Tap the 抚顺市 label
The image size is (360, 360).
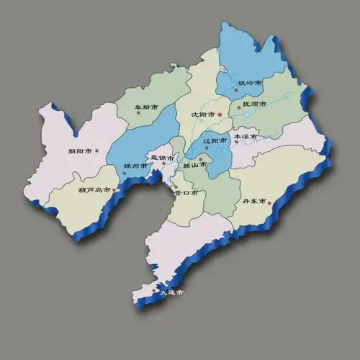254,104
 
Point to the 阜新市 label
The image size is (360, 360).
148,107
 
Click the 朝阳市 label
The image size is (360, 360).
80,151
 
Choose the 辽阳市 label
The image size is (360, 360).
215,140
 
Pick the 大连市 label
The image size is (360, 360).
171,293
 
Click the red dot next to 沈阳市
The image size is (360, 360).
220,114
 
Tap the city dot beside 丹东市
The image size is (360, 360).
270,203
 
